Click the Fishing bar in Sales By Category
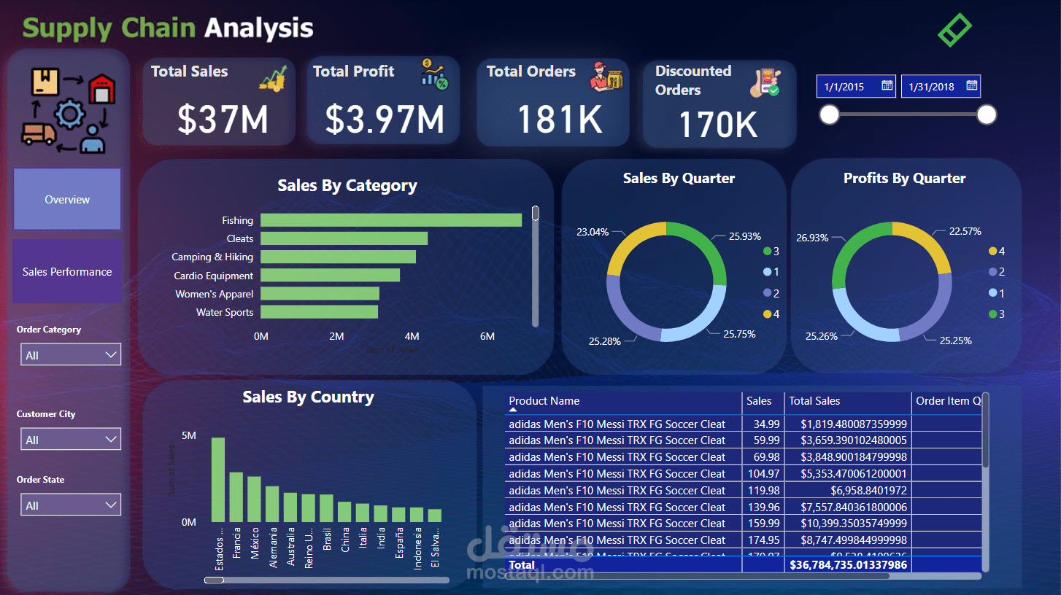coord(390,220)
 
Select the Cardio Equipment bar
coord(330,276)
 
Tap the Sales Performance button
coord(67,272)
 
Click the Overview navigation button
coord(67,200)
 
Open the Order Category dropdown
coord(71,355)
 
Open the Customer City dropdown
coord(71,440)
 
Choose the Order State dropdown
coord(71,505)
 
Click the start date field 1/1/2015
coord(844,87)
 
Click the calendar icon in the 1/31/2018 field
coord(971,86)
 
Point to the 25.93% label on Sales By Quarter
coord(744,236)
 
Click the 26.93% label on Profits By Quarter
coord(812,238)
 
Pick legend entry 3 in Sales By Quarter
coord(771,252)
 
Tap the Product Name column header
coord(544,401)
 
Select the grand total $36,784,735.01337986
coord(848,565)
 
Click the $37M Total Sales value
coord(223,120)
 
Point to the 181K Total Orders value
coord(560,120)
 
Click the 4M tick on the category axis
coord(412,336)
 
